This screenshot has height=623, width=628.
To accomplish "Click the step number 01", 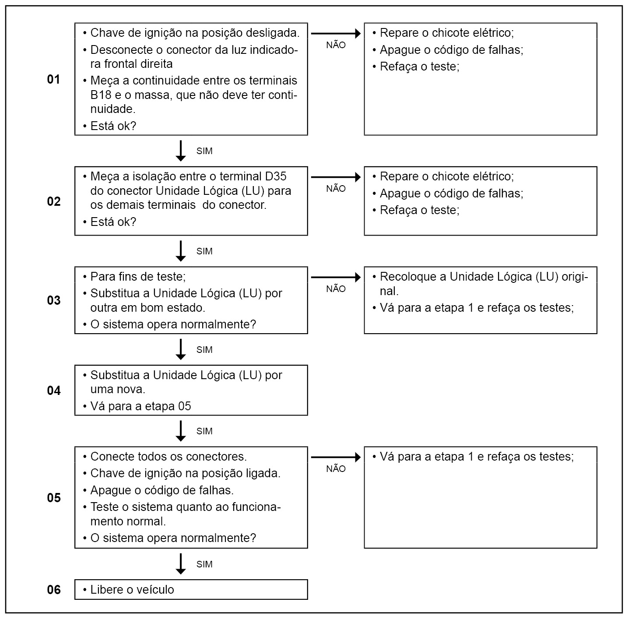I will coord(53,80).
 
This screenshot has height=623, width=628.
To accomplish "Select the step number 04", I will coord(53,391).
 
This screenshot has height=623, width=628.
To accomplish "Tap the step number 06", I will coord(53,590).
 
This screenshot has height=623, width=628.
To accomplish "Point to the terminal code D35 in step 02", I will coord(276,176).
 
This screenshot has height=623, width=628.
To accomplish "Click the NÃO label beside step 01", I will coord(336,45).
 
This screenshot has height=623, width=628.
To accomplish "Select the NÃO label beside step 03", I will coord(336,289).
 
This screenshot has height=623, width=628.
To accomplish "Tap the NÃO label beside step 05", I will coord(336,469).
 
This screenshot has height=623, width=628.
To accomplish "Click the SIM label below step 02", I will coord(204,251).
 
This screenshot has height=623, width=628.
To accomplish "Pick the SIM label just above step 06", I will coord(204,564).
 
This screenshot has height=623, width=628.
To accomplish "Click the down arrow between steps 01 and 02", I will coord(180,151).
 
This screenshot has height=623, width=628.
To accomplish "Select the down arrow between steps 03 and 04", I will coord(180,349).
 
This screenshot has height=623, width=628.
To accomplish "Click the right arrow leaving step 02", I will coord(336,177).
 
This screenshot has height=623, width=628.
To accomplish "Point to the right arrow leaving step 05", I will coord(336,458).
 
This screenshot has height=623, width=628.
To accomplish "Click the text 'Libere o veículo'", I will coord(132,590).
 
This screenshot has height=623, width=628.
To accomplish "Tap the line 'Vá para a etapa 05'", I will coord(140,406).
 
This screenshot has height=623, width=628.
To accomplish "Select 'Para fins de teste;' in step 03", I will coord(138,277).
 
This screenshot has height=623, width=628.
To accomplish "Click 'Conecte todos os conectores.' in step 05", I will coord(168,457).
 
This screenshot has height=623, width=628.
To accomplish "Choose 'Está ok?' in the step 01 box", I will coord(113,126).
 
